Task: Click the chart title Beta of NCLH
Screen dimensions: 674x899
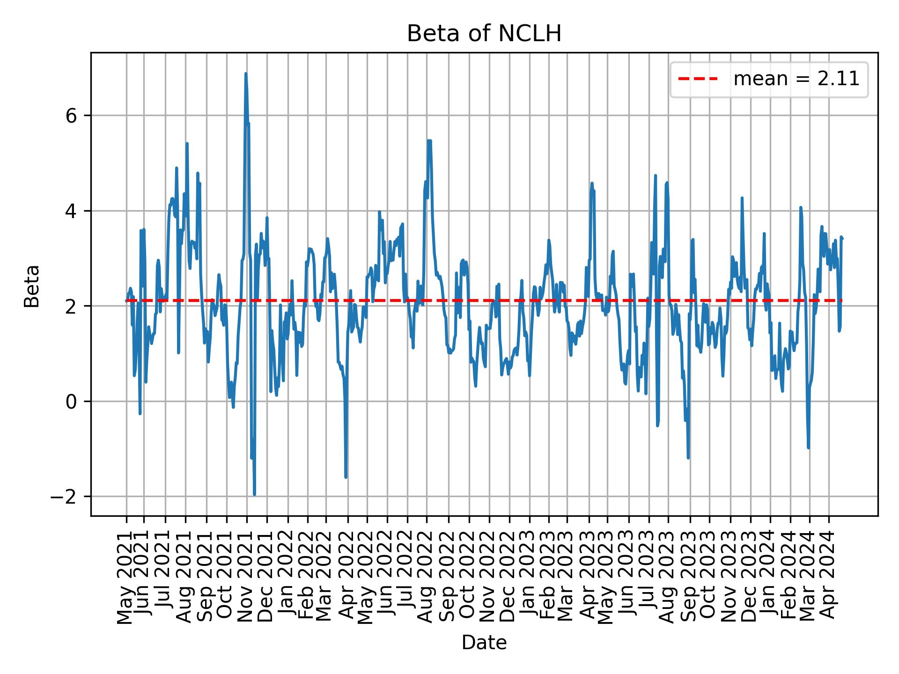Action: point(484,34)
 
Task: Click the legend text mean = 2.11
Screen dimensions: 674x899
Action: point(796,80)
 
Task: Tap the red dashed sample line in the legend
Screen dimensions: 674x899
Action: point(698,80)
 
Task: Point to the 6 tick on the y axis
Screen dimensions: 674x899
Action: point(71,116)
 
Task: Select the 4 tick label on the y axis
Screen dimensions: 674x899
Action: point(71,211)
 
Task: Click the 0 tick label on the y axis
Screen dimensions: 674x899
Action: point(71,402)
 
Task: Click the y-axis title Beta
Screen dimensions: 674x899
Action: point(32,286)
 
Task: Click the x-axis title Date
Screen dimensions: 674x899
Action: point(484,643)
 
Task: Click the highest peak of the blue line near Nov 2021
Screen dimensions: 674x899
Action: point(245,74)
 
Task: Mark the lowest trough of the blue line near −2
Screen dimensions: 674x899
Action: point(254,494)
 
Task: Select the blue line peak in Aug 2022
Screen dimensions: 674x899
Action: point(428,140)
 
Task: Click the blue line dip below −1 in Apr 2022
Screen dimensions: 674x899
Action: point(346,477)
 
